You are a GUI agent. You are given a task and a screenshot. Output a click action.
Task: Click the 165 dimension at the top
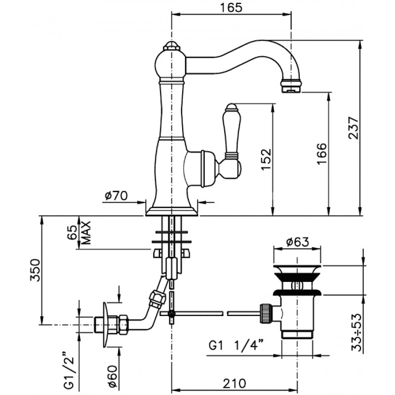(231, 7)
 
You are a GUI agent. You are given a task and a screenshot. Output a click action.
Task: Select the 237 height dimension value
(353, 128)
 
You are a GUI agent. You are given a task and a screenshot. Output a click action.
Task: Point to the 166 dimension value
(322, 154)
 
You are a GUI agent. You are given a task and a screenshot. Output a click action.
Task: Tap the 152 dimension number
(266, 159)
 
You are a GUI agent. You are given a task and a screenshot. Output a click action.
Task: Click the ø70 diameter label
(116, 196)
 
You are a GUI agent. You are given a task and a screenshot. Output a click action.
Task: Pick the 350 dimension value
(35, 270)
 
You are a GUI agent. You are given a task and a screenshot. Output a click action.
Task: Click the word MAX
(86, 233)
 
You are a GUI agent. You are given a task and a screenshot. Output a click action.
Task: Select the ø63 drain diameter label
(297, 242)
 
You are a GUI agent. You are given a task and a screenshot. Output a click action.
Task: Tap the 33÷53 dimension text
(356, 332)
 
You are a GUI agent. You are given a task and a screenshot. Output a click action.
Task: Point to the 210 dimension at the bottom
(234, 384)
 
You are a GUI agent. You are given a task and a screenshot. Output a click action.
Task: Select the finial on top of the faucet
(171, 46)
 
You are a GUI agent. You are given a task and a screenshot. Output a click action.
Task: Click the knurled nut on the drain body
(265, 313)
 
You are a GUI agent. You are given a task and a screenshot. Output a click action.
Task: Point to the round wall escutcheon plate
(105, 324)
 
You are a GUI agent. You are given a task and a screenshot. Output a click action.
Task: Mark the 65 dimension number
(72, 233)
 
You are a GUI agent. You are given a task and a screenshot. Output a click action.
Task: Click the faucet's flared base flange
(171, 211)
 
